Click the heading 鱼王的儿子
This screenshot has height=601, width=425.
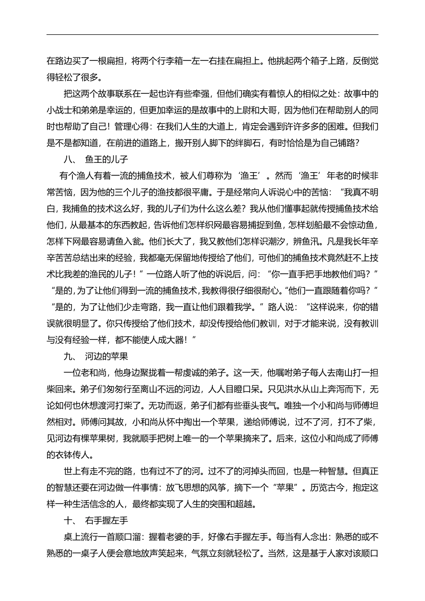[x=106, y=159]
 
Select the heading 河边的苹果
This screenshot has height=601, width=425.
[x=106, y=356]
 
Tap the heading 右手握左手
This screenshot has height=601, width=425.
[x=106, y=521]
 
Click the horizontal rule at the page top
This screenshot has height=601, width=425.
[x=212, y=34]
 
